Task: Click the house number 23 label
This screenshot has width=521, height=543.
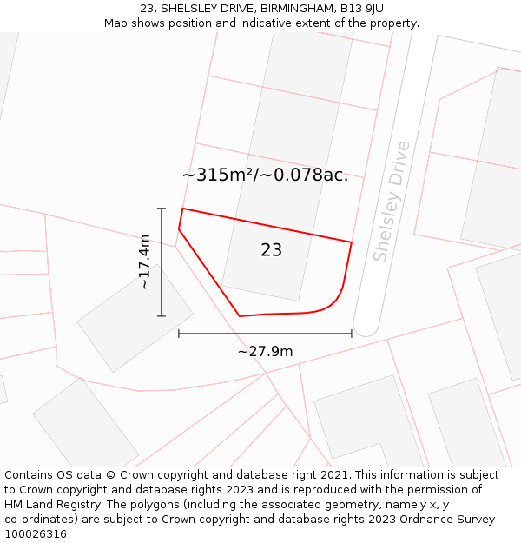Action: pos(271,250)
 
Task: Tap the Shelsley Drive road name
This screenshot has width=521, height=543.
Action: pos(390,201)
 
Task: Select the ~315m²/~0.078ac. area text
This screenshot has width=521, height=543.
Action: pos(265,175)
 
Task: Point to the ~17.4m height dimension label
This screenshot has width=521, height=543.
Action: pos(144,262)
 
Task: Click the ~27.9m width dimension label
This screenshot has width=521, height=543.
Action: pos(265,351)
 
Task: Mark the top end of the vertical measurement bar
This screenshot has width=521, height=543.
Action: pos(162,209)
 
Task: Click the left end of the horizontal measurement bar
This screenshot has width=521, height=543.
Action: pos(179,334)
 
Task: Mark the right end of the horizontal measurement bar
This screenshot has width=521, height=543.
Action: pos(352,334)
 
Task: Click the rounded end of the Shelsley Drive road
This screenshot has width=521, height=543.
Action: pos(366,328)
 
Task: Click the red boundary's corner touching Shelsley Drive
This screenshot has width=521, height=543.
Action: pos(352,242)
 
